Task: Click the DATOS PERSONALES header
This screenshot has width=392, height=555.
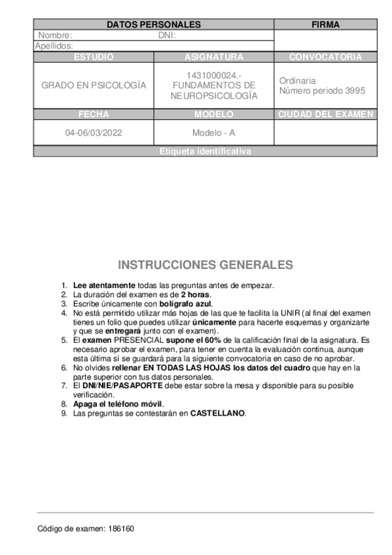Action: click(153, 25)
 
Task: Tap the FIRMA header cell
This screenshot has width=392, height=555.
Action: click(325, 25)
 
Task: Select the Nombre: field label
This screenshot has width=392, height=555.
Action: click(56, 35)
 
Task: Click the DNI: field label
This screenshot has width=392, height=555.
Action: click(168, 35)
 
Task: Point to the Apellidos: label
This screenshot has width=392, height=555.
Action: click(54, 46)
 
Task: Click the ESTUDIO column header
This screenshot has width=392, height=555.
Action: click(94, 57)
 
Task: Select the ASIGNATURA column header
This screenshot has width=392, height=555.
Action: click(213, 57)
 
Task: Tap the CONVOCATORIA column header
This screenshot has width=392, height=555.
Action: click(325, 57)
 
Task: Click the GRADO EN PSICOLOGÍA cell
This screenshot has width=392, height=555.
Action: click(94, 86)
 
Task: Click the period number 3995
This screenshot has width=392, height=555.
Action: click(355, 91)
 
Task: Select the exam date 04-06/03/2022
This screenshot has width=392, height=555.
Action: click(94, 133)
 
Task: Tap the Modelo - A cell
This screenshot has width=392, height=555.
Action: click(213, 133)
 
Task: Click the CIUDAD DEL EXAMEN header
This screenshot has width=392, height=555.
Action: click(325, 115)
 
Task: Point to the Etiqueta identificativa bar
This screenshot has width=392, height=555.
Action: click(205, 151)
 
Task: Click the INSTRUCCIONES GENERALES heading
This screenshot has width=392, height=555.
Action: click(205, 265)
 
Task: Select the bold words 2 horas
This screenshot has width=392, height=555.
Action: click(196, 295)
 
